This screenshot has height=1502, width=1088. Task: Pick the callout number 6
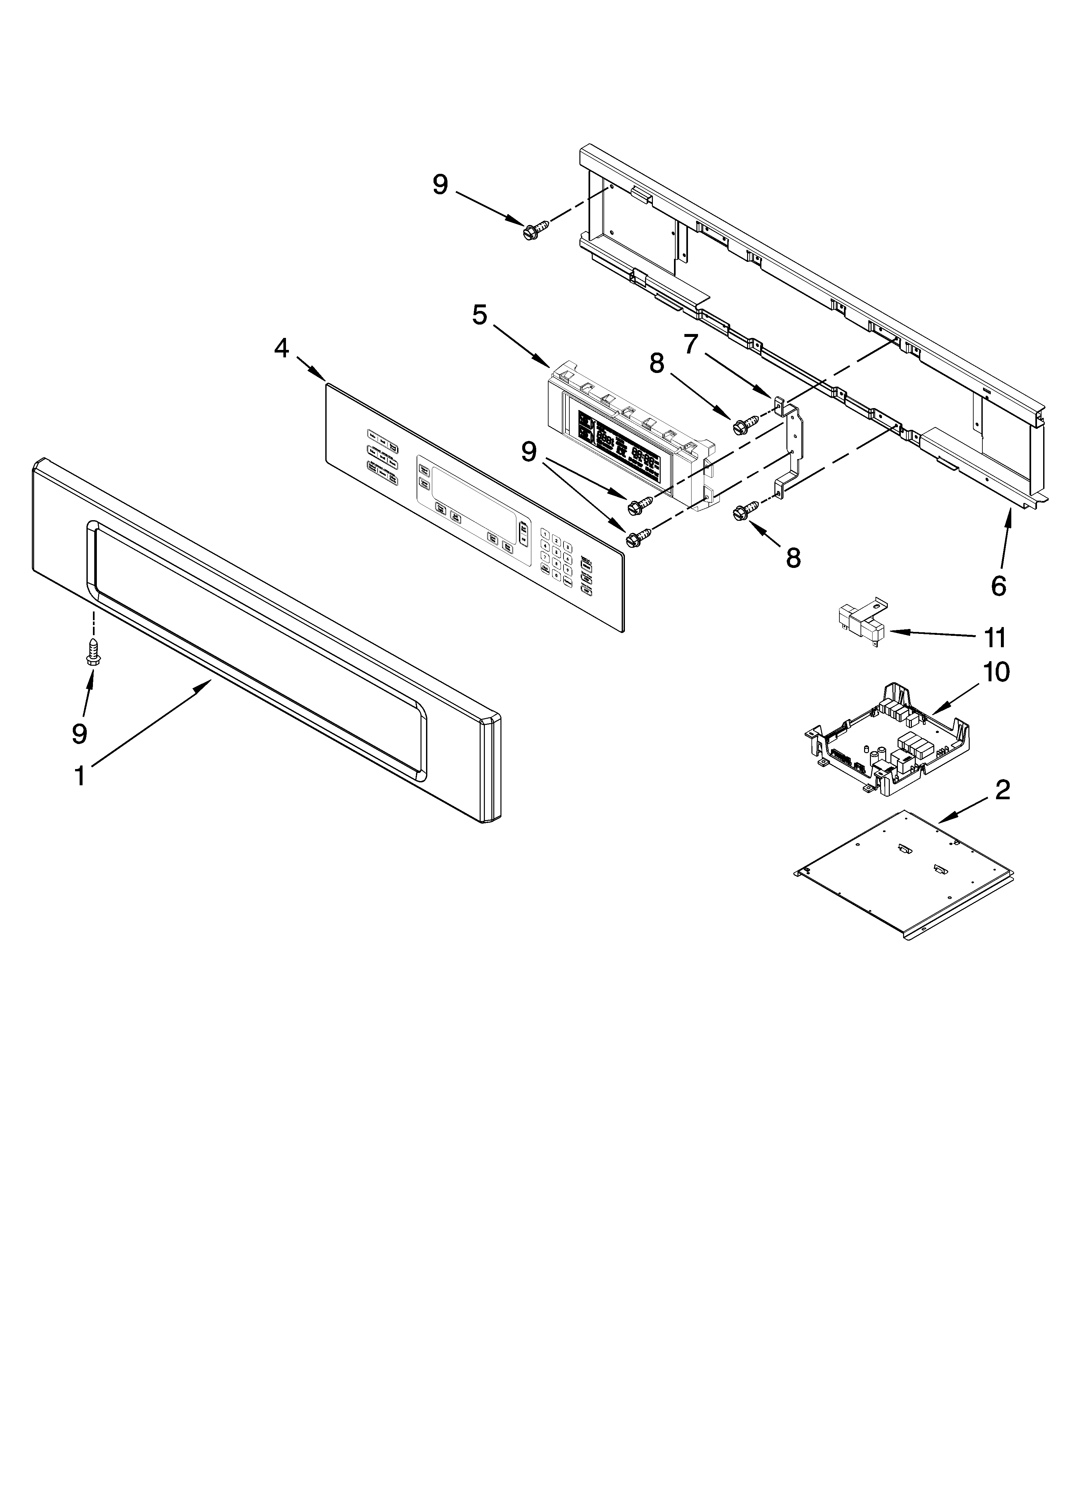[x=998, y=586]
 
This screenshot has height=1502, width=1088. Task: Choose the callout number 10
[x=996, y=672]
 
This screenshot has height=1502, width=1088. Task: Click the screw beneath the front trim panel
[x=93, y=652]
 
